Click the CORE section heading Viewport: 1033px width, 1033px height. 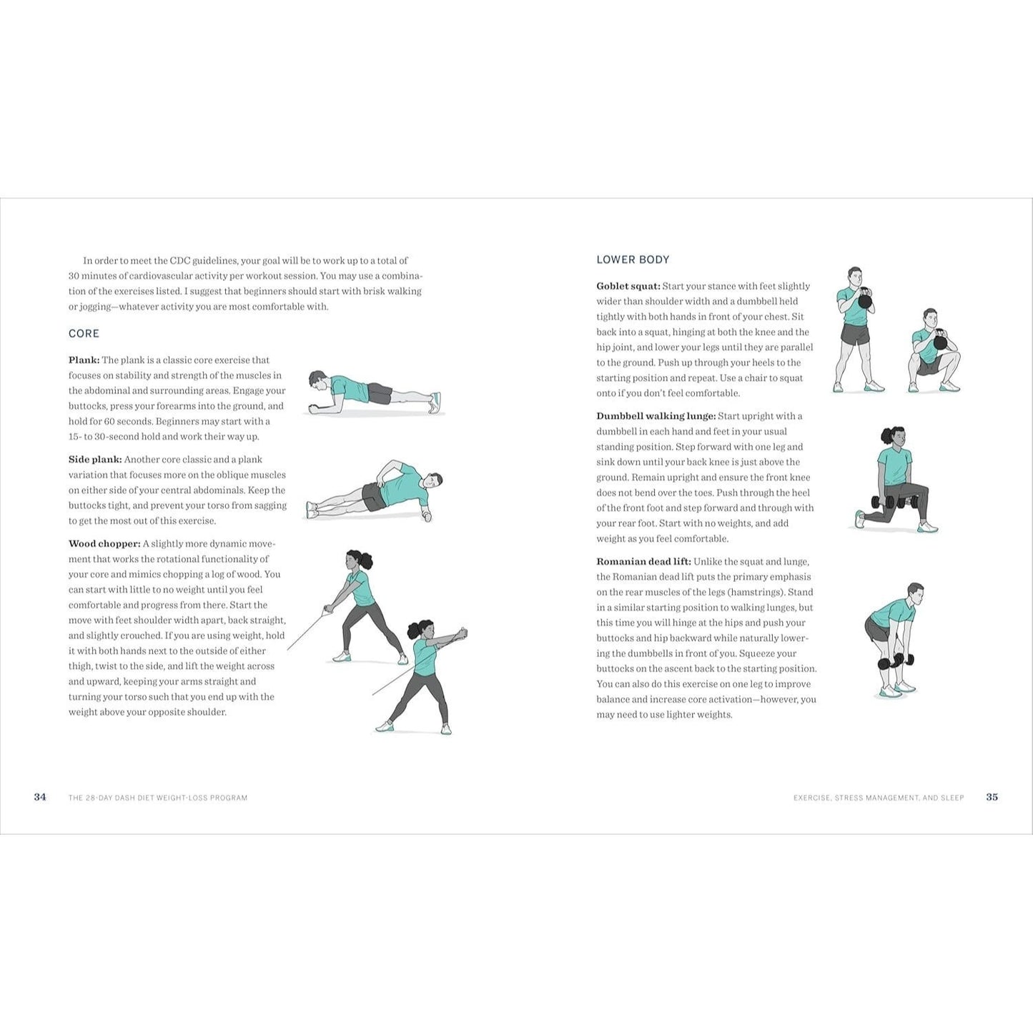84,333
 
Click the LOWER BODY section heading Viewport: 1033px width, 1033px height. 633,260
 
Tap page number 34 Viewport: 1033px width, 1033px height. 40,797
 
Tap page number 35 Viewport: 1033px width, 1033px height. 992,797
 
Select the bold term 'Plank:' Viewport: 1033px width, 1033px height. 84,360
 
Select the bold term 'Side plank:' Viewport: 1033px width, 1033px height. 95,460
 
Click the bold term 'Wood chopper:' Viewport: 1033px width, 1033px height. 104,543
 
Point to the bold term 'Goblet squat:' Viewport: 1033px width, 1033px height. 628,286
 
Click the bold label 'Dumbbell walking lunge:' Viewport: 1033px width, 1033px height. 656,416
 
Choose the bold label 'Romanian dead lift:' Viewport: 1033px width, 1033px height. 644,562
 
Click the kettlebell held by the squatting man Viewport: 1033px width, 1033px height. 940,341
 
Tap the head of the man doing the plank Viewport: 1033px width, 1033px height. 317,380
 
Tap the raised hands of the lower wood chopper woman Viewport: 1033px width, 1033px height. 460,635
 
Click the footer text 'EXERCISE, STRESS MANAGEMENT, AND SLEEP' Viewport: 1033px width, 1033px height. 879,798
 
